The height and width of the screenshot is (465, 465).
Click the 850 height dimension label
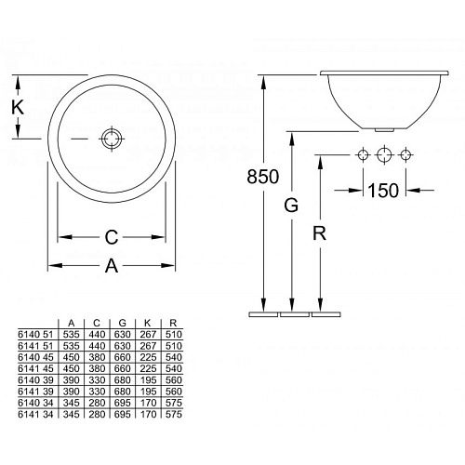coord(263,177)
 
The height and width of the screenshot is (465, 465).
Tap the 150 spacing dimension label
coord(383,191)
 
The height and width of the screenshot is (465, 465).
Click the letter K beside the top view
coord(18,108)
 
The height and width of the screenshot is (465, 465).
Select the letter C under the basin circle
coord(112,237)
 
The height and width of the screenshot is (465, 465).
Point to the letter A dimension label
coord(112,266)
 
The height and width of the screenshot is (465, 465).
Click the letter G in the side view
coord(291,205)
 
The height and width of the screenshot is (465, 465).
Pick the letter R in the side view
coord(319,233)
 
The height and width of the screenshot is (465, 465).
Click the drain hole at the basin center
coord(112,139)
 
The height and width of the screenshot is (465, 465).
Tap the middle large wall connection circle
coord(384,154)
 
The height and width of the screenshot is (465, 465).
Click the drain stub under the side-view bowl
coord(384,130)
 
